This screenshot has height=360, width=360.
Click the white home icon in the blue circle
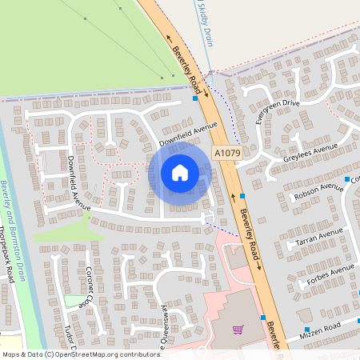pyautogui.click(x=180, y=172)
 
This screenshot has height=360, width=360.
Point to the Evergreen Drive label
pyautogui.click(x=277, y=109)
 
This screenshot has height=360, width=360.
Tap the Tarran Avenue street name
pyautogui.click(x=318, y=234)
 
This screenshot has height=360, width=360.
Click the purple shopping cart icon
pyautogui.click(x=238, y=329)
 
